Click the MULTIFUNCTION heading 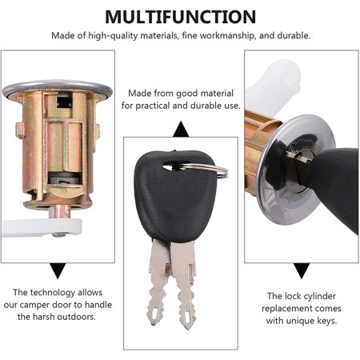point(181,17)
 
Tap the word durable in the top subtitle point(294,35)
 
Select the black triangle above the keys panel point(181,129)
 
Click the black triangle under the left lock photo point(58,270)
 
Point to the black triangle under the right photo point(302,270)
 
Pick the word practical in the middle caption point(153,106)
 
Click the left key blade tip point(154,322)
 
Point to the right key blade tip point(187,326)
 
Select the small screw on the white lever point(59,234)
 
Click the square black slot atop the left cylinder point(64,102)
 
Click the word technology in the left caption point(52,293)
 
